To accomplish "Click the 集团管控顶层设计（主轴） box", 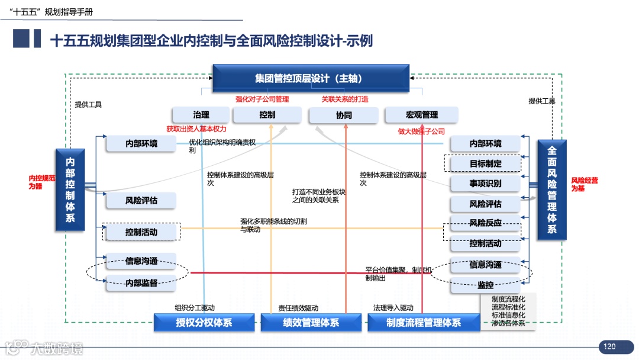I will coord(311,78).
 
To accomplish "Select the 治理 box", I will coord(201,115).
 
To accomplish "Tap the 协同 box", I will coord(344,115).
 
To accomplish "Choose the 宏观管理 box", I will coord(421,115).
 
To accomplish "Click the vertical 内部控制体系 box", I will coord(70,189).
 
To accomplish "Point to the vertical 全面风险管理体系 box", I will coord(551,189).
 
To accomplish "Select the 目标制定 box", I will coord(485,163).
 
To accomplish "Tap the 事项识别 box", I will coord(485,184).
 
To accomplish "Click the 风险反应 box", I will coord(485,223).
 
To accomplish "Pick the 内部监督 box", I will coord(141,283).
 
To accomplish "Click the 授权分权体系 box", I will coord(204,323).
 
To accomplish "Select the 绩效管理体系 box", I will coord(311,323).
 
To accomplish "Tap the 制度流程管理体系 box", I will coord(423,323).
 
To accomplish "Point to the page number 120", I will coord(610,346).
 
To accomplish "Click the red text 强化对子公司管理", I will coord(262,99).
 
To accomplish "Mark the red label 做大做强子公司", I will coord(421,131).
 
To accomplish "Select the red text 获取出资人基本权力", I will coord(196,128).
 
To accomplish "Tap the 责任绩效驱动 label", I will coord(298,308).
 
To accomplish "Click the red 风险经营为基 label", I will coord(584,184).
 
